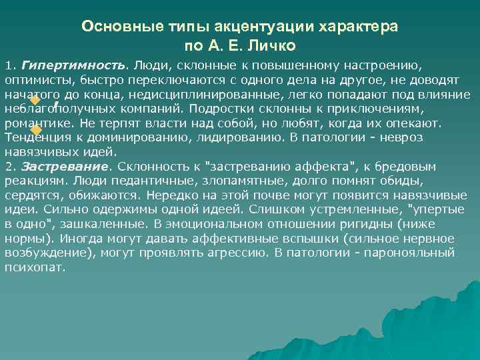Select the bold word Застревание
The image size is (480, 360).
click(x=65, y=166)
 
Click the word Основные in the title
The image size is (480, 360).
click(x=113, y=26)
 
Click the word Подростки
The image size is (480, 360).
click(x=217, y=108)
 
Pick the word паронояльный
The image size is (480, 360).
click(x=418, y=253)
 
